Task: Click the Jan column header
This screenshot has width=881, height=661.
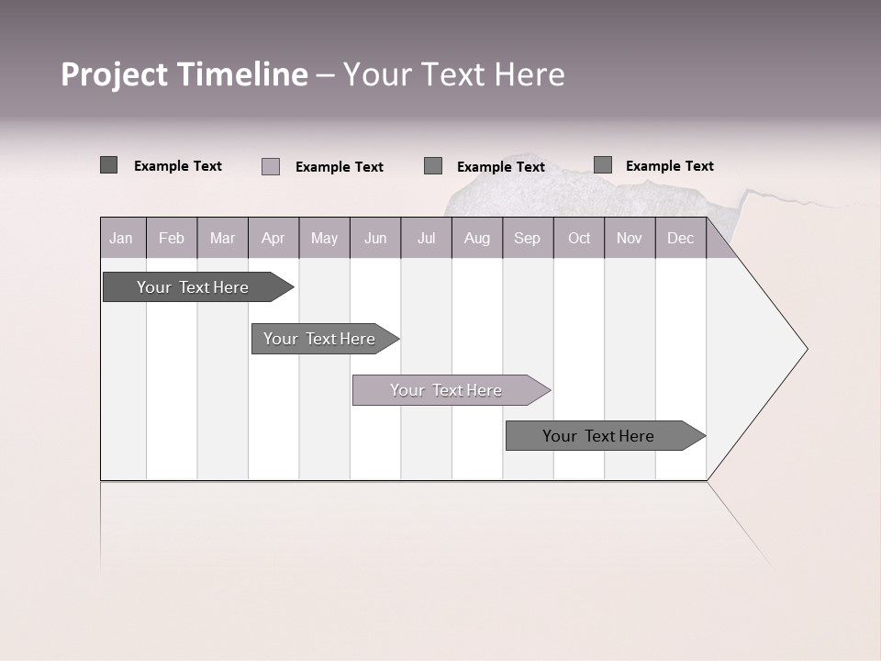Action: pos(121,238)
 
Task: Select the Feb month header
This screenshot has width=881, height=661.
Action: pos(172,238)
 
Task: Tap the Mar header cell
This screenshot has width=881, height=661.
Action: pos(222,238)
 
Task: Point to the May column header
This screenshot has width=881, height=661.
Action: pos(324,238)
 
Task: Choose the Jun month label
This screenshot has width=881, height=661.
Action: pos(375,238)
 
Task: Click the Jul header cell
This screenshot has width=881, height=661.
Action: pos(426,238)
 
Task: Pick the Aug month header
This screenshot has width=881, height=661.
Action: pos(477,238)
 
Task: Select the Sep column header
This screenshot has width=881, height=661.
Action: pos(527,238)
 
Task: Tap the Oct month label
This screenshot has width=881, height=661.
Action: pos(579,238)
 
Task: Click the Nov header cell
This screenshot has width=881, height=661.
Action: pos(630,238)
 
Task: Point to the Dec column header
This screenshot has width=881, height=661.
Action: pos(680,238)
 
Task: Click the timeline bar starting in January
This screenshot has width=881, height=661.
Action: pos(193,287)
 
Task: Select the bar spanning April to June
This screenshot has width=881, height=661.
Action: pos(319,339)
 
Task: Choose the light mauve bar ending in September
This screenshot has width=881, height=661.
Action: pos(446,390)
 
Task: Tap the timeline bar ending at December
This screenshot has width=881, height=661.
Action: pos(598,436)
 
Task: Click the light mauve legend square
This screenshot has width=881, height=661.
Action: pos(271,166)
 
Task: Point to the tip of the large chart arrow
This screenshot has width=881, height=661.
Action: pos(805,349)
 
